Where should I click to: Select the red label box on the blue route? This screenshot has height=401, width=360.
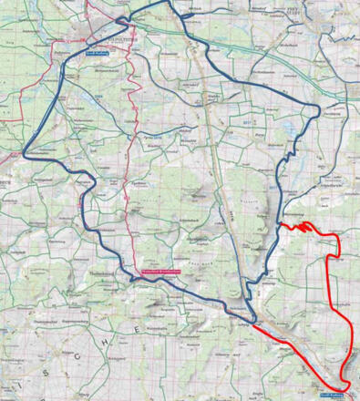point(161,271)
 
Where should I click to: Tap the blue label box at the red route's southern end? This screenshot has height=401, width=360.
point(335,395)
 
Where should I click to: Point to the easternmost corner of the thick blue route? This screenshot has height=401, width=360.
point(321,109)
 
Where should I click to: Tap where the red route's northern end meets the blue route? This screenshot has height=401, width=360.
point(282,221)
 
